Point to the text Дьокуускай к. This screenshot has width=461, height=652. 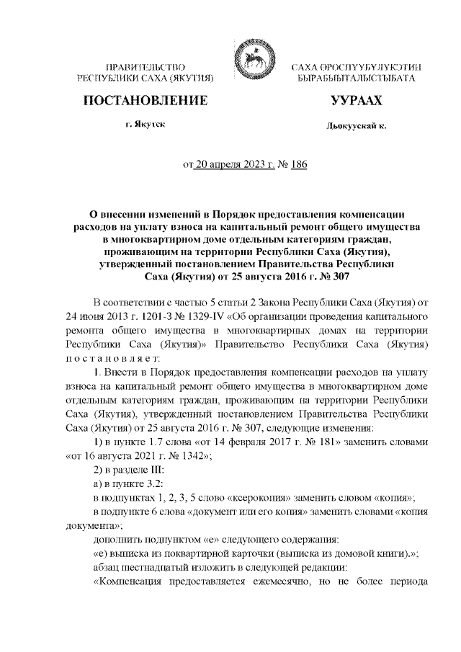(356, 126)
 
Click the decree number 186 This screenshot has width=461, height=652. (298, 165)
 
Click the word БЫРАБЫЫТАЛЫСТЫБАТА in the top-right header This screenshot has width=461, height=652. (352, 76)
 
